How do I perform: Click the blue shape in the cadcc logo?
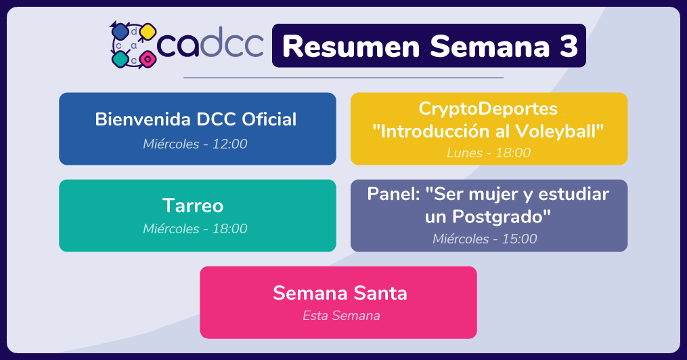120,32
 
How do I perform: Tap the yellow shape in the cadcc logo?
148,32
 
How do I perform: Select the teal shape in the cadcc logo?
120,59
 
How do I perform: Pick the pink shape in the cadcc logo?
148,59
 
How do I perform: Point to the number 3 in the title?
569,46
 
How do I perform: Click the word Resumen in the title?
351,46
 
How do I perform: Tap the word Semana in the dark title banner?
490,46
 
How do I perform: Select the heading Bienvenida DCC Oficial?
196,119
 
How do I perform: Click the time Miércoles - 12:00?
195,144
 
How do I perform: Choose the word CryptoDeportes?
488,109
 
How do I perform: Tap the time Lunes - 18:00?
489,153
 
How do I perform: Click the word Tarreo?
193,205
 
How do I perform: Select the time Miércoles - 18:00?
195,228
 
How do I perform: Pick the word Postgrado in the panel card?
502,216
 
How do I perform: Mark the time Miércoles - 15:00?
485,239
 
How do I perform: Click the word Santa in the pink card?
380,293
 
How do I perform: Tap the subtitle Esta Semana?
341,316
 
